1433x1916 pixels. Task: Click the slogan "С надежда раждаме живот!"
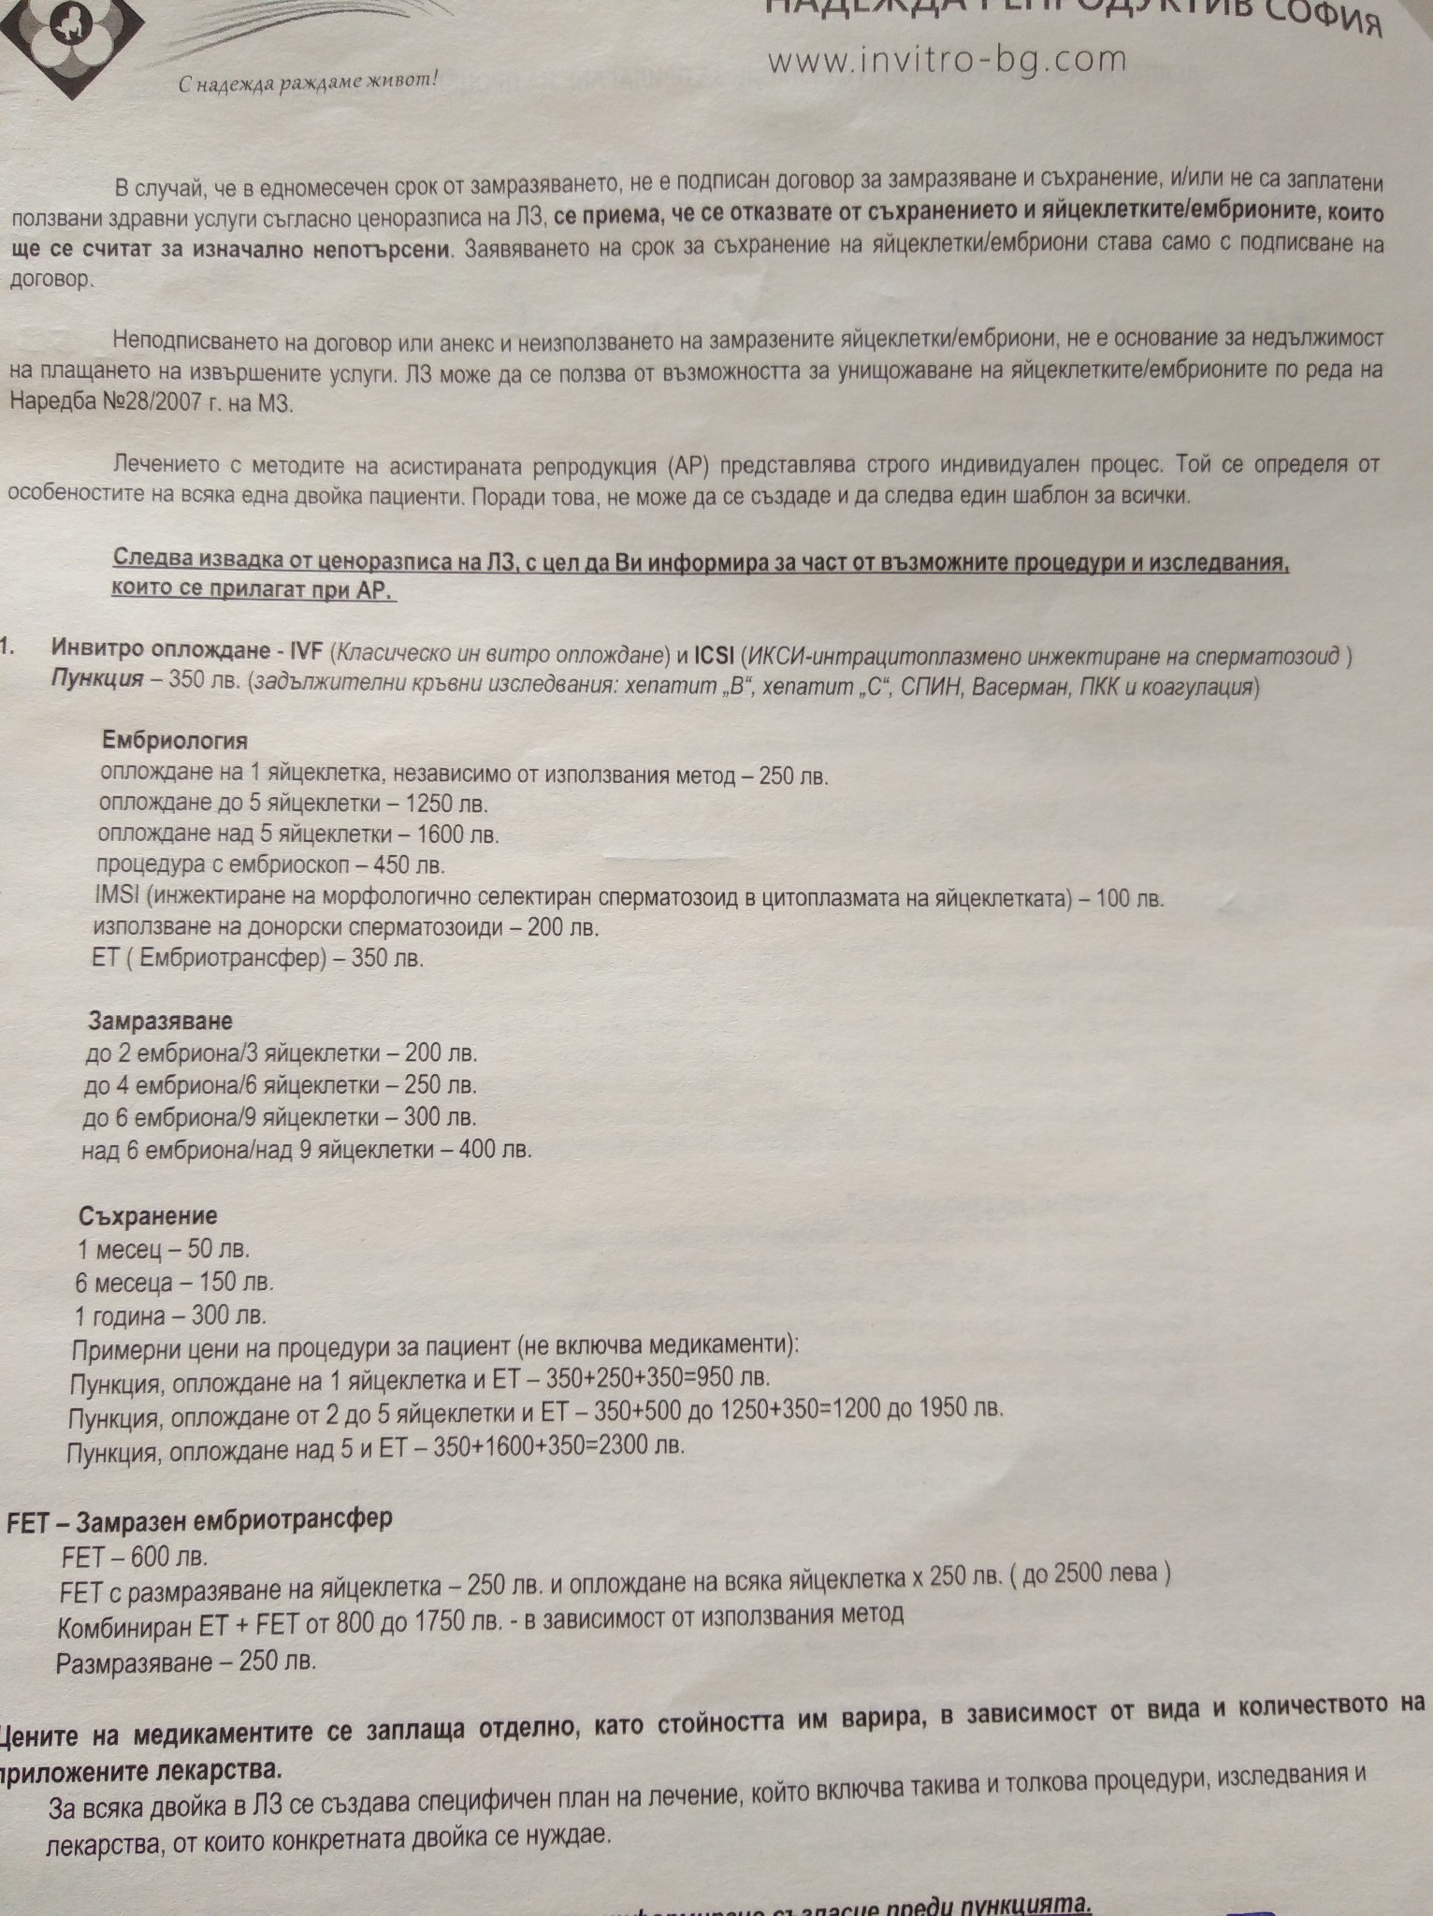pyautogui.click(x=309, y=82)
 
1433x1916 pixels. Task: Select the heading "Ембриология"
pyautogui.click(x=175, y=741)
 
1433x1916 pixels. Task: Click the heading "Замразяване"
pyautogui.click(x=160, y=1019)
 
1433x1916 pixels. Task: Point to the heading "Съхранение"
pyautogui.click(x=148, y=1216)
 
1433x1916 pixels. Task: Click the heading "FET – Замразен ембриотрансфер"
pyautogui.click(x=198, y=1518)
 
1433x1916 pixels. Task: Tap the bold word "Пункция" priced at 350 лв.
pyautogui.click(x=97, y=678)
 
